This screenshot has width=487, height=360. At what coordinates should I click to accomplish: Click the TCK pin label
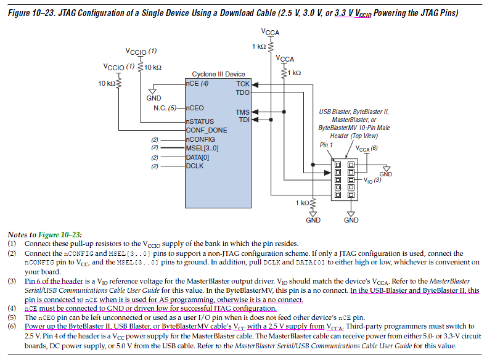pos(242,84)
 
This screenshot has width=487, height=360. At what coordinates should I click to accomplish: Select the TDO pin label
pos(242,92)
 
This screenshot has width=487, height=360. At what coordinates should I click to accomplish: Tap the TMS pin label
pos(242,112)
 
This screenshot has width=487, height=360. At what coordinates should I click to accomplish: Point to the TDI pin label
pos(244,120)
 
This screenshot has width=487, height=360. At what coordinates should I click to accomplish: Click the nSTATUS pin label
pos(200,121)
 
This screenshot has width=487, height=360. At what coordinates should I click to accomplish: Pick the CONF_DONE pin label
pos(207,130)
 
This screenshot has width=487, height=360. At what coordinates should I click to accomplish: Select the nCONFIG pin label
pos(200,139)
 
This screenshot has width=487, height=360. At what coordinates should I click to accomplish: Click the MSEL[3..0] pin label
pos(202,148)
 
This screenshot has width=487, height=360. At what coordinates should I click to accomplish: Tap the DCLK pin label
pos(195,166)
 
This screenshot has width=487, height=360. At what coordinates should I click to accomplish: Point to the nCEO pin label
pos(195,108)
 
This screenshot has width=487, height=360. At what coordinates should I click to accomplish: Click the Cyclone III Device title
pos(218,74)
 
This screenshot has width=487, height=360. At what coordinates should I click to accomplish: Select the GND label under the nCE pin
pos(153,98)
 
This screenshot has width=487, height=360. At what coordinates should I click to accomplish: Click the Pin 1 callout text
pos(326,145)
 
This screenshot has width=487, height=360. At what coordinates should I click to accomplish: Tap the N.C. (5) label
pos(165,108)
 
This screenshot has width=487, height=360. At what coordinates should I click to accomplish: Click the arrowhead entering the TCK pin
pos(255,84)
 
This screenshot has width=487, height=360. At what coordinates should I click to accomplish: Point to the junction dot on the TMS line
pos(284,112)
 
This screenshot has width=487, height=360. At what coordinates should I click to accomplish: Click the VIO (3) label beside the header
pos(372,180)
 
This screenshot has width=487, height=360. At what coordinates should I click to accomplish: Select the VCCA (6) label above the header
pos(367,149)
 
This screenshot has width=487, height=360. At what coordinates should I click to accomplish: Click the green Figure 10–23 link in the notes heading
pos(59,234)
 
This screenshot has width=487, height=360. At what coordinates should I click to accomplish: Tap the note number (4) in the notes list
pos(12,308)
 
